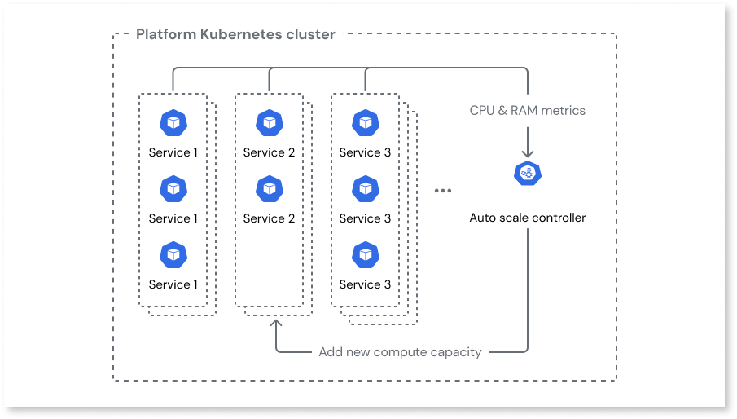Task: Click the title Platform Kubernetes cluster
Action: [x=235, y=34]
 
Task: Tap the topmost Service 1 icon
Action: [x=173, y=123]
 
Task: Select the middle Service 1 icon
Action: [x=173, y=189]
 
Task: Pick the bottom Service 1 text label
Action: [x=173, y=284]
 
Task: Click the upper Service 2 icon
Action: [x=270, y=123]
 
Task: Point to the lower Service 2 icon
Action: [x=270, y=189]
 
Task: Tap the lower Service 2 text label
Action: [x=270, y=218]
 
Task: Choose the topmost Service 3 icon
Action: [x=365, y=123]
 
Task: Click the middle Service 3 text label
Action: [x=365, y=218]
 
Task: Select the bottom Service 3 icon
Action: [x=365, y=255]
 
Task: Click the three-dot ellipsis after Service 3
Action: [x=442, y=191]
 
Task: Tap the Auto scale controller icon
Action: [x=528, y=174]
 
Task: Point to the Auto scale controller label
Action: [x=528, y=218]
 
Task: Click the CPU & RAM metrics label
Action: [x=528, y=110]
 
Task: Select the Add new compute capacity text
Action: [x=400, y=352]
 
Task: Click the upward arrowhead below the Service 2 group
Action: [x=276, y=324]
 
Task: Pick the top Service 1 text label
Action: [x=173, y=152]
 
